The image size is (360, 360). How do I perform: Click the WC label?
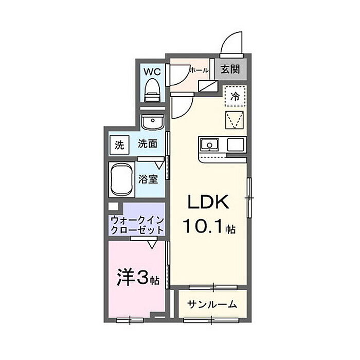pos(152,72)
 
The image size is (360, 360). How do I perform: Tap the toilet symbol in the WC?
pos(152,90)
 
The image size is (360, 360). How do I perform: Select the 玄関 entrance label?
pos(230,69)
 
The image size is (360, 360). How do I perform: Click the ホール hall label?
pos(199,70)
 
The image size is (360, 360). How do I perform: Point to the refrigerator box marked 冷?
pos(236,96)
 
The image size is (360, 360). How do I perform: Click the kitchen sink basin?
pos(210,145)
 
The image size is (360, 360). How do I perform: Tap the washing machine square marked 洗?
pos(119,145)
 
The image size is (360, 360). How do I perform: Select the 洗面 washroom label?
pos(148,144)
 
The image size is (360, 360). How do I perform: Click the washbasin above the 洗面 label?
pos(153,122)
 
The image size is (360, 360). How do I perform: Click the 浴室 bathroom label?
pos(148,179)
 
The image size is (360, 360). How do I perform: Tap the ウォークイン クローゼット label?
pos(137,225)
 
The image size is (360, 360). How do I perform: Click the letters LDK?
pos(208,202)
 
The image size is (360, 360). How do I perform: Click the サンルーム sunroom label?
pos(212,304)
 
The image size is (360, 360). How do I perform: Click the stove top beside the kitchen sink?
pos(236,145)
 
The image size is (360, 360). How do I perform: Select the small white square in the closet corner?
pos(113,206)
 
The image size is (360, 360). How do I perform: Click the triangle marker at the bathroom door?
pos(159,165)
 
